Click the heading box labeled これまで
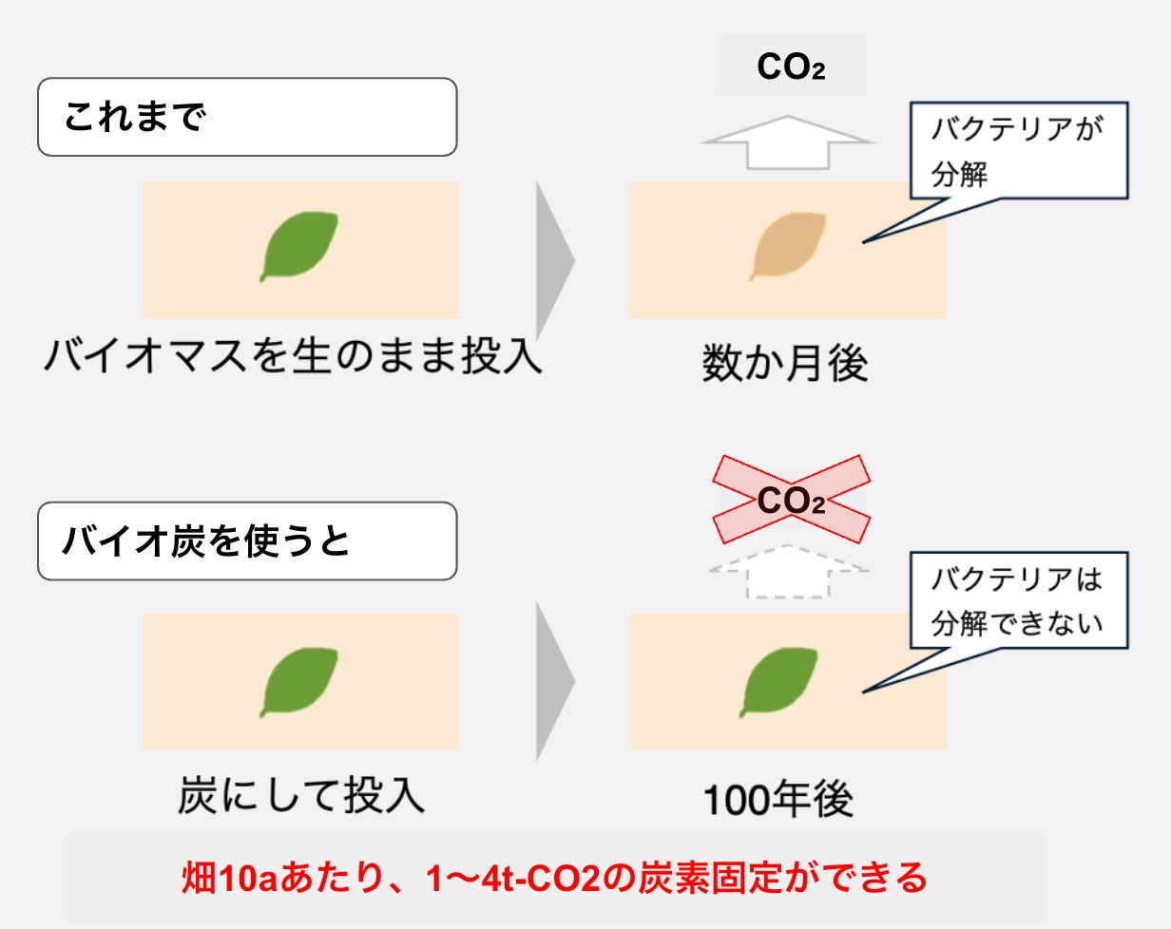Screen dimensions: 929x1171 247,117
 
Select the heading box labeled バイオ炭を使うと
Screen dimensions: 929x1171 247,540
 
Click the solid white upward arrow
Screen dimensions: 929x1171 787,142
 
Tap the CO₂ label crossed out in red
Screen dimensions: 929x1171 791,501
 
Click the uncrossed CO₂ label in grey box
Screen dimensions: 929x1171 791,66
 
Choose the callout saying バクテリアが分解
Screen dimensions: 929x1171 1018,150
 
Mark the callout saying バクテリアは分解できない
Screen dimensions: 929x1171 1018,600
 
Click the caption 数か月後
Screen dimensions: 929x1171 785,364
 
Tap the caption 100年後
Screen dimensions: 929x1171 778,801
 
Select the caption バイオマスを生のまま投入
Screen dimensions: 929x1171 293,359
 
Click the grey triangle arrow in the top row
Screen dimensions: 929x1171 555,258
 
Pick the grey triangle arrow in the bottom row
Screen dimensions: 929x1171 555,680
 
